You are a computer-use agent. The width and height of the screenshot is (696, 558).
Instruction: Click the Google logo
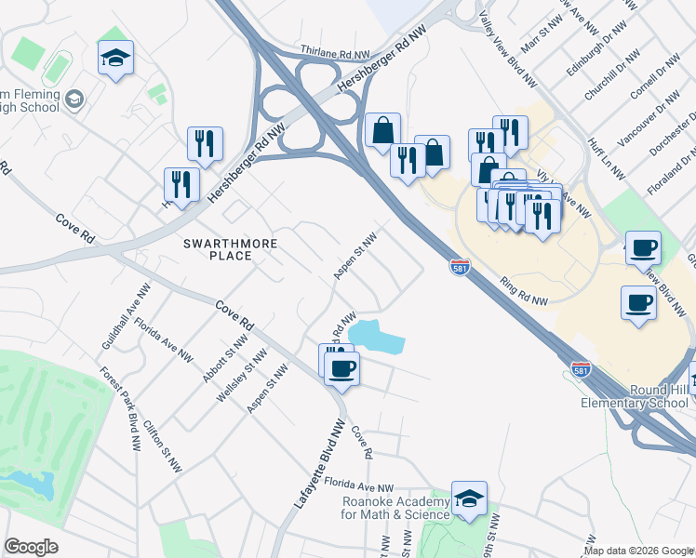click(x=31, y=547)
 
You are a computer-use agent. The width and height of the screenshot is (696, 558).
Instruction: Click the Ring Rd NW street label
click(x=523, y=290)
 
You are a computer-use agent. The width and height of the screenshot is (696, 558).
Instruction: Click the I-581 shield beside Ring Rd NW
click(x=460, y=267)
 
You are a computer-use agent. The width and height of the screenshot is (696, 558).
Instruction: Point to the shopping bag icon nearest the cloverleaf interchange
click(x=382, y=131)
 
